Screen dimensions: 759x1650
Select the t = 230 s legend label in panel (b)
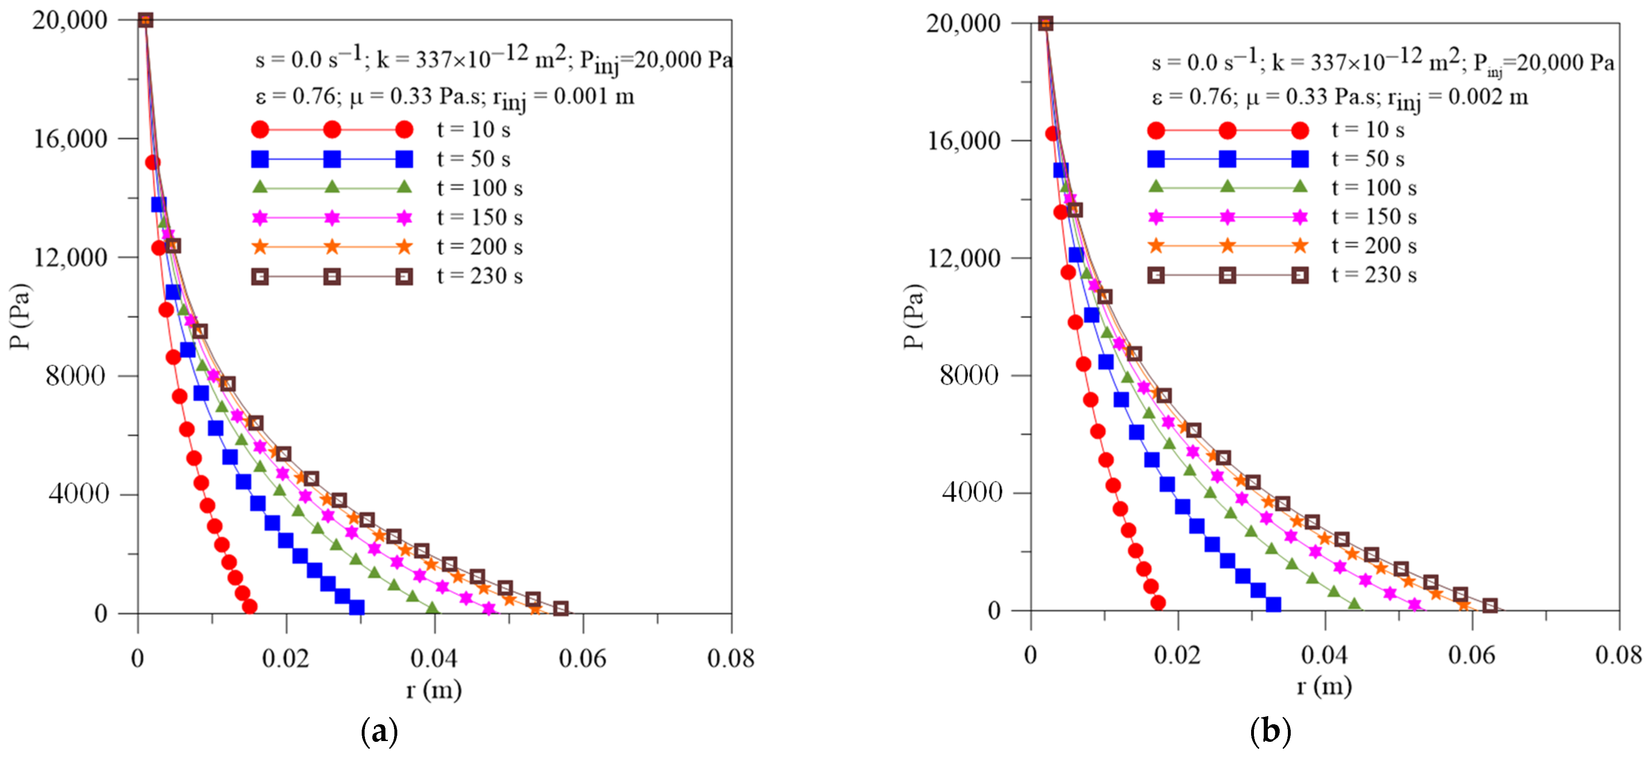1374,275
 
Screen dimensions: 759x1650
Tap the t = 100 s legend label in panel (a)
480,188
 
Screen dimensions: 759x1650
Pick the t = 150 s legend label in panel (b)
1374,217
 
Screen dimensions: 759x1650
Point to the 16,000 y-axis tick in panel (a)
70,138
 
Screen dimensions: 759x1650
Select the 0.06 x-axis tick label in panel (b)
1471,655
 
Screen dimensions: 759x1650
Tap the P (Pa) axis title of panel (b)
914,316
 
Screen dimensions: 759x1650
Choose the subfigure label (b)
1270,731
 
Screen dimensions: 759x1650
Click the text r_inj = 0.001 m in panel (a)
563,97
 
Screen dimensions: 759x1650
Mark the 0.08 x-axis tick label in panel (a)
730,658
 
